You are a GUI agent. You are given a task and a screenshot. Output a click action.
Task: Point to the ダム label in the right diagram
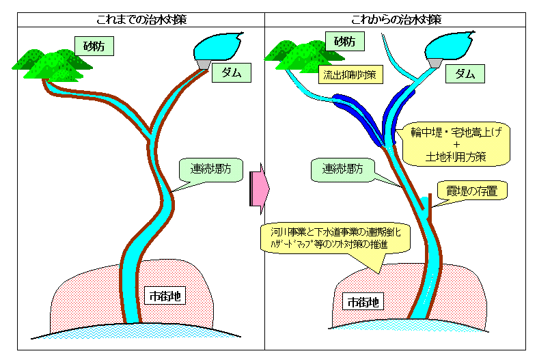(465, 74)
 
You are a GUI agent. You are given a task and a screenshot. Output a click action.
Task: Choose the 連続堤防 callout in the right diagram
(342, 169)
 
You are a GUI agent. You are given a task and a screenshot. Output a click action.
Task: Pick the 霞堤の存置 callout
(472, 191)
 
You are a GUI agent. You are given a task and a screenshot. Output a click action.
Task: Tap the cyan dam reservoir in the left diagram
(218, 46)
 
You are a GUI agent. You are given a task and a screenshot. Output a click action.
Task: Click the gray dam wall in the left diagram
(204, 64)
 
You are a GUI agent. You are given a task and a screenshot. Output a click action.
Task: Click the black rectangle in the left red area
(165, 295)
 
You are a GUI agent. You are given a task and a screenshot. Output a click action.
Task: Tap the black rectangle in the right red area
(362, 301)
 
